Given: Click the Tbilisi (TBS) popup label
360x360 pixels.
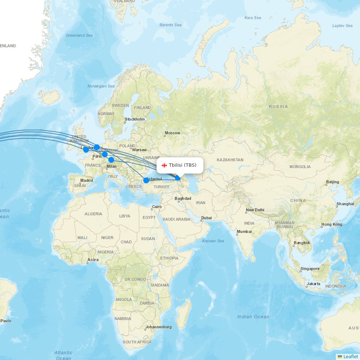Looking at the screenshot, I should pyautogui.click(x=183, y=165).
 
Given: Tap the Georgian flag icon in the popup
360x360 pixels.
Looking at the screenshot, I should pyautogui.click(x=165, y=165).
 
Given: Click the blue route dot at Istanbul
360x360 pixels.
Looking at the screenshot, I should pyautogui.click(x=146, y=180).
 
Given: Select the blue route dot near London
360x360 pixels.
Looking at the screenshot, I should pyautogui.click(x=86, y=149).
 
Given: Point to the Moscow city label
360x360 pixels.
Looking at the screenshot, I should pyautogui.click(x=172, y=133).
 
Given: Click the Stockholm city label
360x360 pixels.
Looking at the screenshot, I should pyautogui.click(x=135, y=120).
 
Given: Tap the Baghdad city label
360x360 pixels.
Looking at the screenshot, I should pyautogui.click(x=183, y=199).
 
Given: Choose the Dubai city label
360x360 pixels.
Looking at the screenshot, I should pyautogui.click(x=206, y=218).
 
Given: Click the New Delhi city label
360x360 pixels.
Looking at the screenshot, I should pyautogui.click(x=255, y=210).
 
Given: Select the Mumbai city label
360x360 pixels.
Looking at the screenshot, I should pyautogui.click(x=244, y=231).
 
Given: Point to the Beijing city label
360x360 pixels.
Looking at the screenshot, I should pyautogui.click(x=332, y=182).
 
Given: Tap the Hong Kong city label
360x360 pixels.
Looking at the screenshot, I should pyautogui.click(x=332, y=225).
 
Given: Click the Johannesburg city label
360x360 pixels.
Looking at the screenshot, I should pyautogui.click(x=158, y=327).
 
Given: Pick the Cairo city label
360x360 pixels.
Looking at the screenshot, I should pyautogui.click(x=157, y=207).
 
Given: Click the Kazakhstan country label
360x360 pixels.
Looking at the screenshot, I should pyautogui.click(x=230, y=160).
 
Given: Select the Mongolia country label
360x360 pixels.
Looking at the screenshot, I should pyautogui.click(x=300, y=167).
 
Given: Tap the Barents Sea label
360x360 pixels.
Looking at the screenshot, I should pyautogui.click(x=171, y=25).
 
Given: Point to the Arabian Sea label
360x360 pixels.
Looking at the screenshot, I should pyautogui.click(x=213, y=241).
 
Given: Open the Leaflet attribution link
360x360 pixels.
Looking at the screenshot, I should pyautogui.click(x=350, y=356).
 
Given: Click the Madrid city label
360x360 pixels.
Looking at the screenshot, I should pyautogui.click(x=86, y=181).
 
